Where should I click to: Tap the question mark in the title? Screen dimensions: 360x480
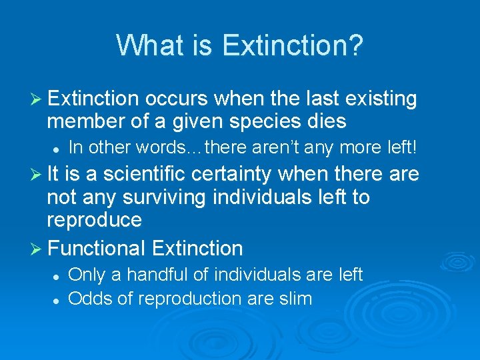click(x=356, y=45)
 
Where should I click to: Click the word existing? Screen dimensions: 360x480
click(x=380, y=99)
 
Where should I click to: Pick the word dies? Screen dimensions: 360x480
click(x=327, y=121)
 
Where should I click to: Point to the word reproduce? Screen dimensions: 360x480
click(x=94, y=221)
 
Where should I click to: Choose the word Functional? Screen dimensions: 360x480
click(x=97, y=248)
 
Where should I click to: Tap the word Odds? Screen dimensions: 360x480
click(x=91, y=298)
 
